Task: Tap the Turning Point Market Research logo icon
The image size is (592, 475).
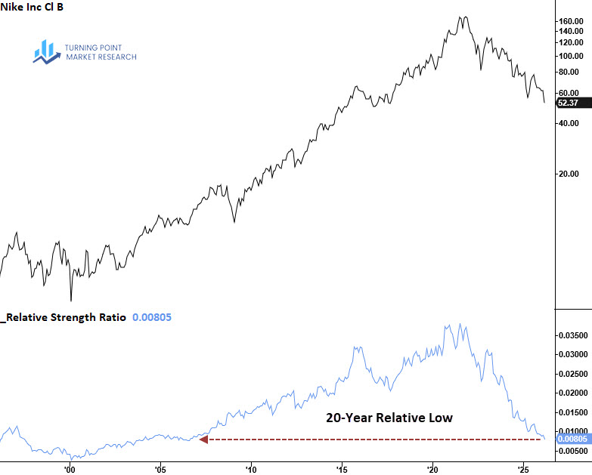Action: click(x=46, y=51)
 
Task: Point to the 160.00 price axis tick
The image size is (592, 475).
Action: click(x=570, y=20)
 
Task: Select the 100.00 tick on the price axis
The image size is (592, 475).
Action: click(x=570, y=56)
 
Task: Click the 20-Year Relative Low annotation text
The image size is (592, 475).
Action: click(x=389, y=418)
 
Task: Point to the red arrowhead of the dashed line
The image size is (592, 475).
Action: click(x=203, y=439)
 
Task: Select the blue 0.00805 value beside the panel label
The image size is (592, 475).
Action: click(x=152, y=318)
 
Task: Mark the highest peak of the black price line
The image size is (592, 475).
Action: click(x=463, y=17)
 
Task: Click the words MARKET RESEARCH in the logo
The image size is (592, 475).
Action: click(x=101, y=57)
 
